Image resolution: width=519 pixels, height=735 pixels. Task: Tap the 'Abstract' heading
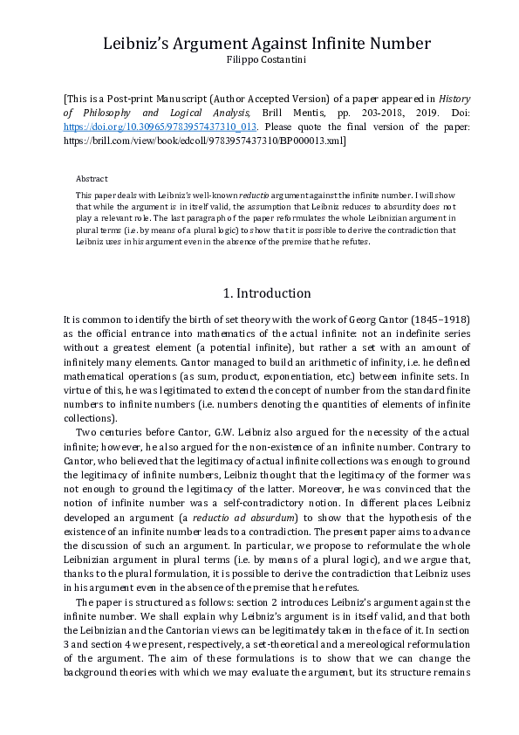[92, 178]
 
